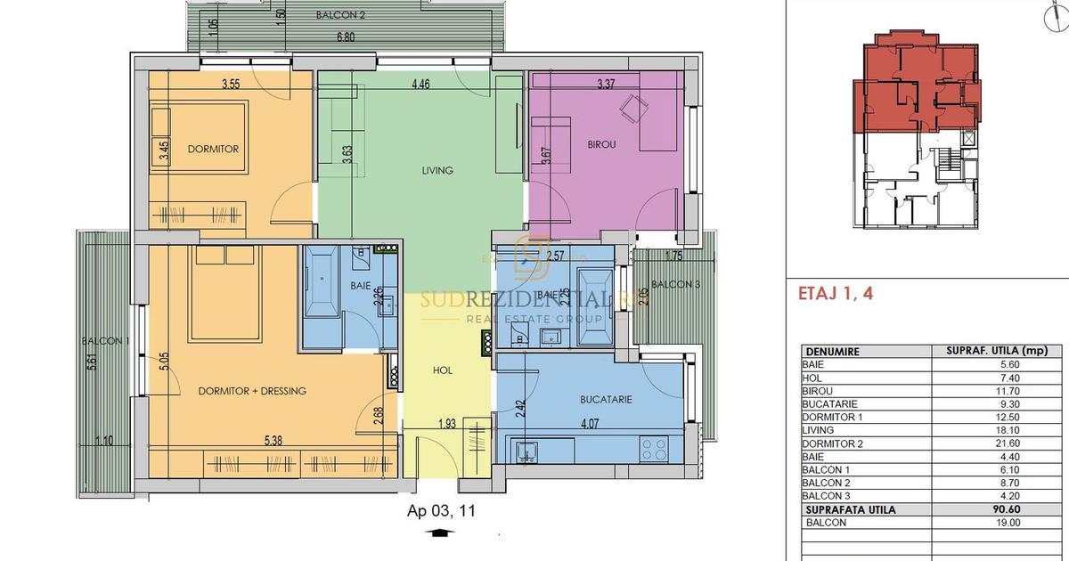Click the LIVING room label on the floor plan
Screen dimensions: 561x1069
pos(437,170)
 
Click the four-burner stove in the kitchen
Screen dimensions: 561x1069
pos(656,448)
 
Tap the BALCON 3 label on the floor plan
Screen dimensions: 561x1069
pos(676,284)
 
